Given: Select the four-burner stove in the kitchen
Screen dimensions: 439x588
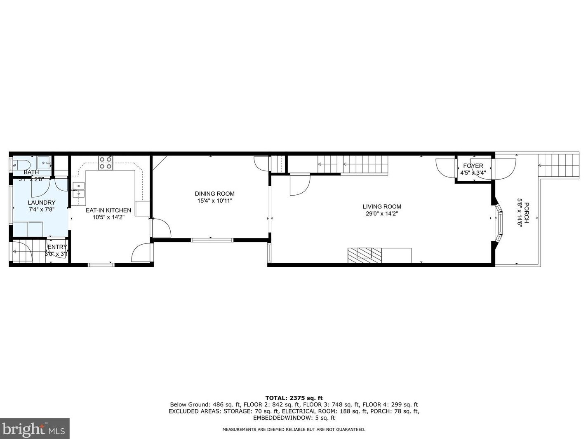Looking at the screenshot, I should [x=105, y=163].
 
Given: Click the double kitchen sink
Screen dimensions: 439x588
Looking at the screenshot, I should [x=78, y=191].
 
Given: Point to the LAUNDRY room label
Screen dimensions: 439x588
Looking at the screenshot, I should [x=41, y=203].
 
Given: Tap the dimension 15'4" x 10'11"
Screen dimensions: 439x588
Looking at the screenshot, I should [x=214, y=201].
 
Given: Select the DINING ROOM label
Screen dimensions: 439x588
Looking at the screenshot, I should [x=214, y=194].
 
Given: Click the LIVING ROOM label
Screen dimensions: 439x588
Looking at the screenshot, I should [x=381, y=207].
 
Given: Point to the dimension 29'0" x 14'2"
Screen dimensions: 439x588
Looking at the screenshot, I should [x=381, y=214].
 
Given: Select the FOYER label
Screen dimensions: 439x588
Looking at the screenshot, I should [x=473, y=166].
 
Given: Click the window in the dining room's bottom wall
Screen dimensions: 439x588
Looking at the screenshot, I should [x=212, y=240].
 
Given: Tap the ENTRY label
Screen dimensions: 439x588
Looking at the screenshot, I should [x=57, y=247].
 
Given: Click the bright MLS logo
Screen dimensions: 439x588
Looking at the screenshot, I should [x=35, y=429].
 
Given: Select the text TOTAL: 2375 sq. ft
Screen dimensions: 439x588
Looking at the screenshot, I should [x=294, y=398].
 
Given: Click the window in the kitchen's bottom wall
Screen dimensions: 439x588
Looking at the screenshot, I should [x=101, y=265].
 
